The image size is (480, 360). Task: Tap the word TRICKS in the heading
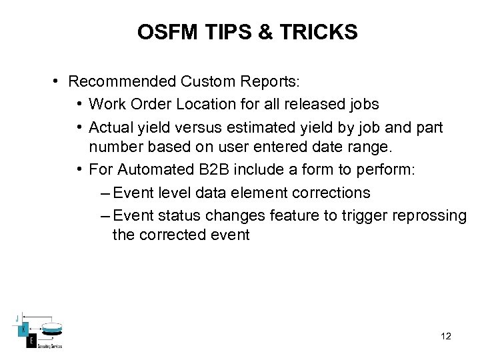point(324,32)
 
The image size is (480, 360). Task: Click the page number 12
point(446,336)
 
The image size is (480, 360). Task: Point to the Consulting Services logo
point(42,331)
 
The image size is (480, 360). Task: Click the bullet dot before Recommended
point(59,81)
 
